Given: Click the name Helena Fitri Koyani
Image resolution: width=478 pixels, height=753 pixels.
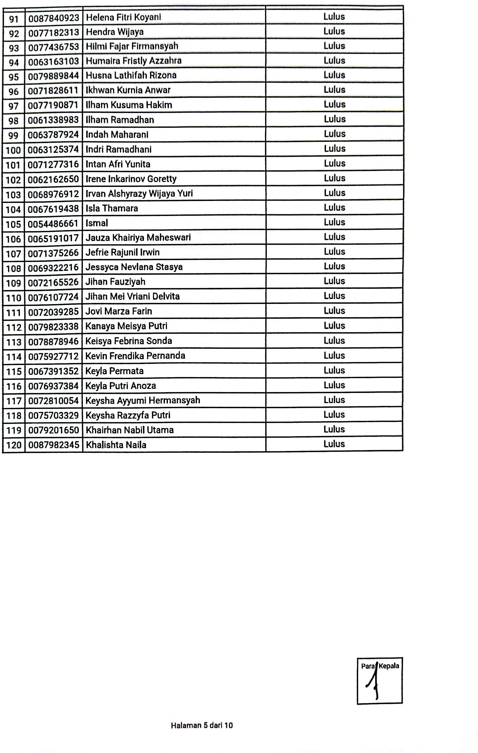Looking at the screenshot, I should click(124, 17).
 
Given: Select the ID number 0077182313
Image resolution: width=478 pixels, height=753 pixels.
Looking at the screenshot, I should click(54, 32).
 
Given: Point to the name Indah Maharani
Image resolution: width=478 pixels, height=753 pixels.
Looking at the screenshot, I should click(117, 135).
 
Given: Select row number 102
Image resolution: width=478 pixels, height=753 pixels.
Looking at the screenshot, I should click(13, 180).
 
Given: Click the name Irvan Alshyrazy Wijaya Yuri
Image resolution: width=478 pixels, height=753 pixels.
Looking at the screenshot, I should click(139, 194).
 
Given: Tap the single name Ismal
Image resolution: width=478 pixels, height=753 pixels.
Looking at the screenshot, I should click(97, 223).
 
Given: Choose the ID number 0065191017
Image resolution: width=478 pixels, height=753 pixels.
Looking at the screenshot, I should click(53, 238).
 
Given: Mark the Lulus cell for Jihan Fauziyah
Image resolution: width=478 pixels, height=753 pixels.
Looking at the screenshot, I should click(334, 281).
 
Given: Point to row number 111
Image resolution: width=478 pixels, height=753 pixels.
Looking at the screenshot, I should click(13, 312).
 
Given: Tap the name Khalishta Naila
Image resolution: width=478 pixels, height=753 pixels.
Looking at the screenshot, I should click(116, 445).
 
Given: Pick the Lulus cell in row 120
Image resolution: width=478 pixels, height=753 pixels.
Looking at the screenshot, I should click(334, 444).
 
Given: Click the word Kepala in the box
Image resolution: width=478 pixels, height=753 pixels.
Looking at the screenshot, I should click(389, 666).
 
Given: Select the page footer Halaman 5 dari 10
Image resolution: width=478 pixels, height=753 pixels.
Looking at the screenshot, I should click(202, 725).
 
